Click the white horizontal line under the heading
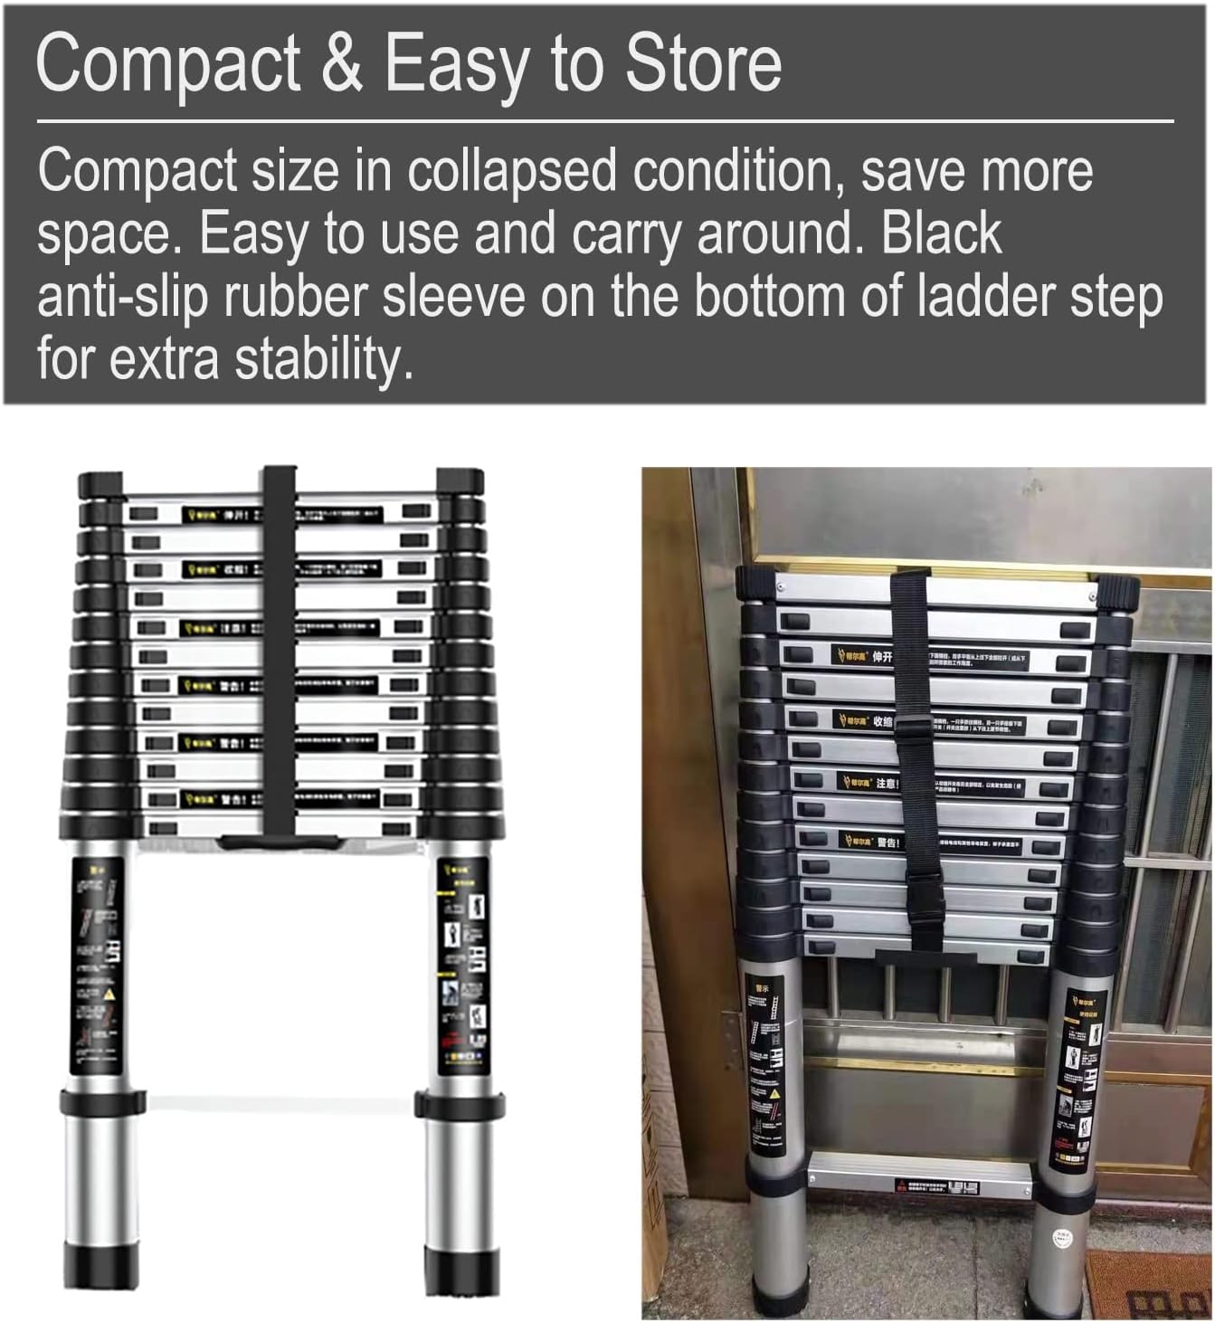click(605, 120)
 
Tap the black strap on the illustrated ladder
click(280, 652)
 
